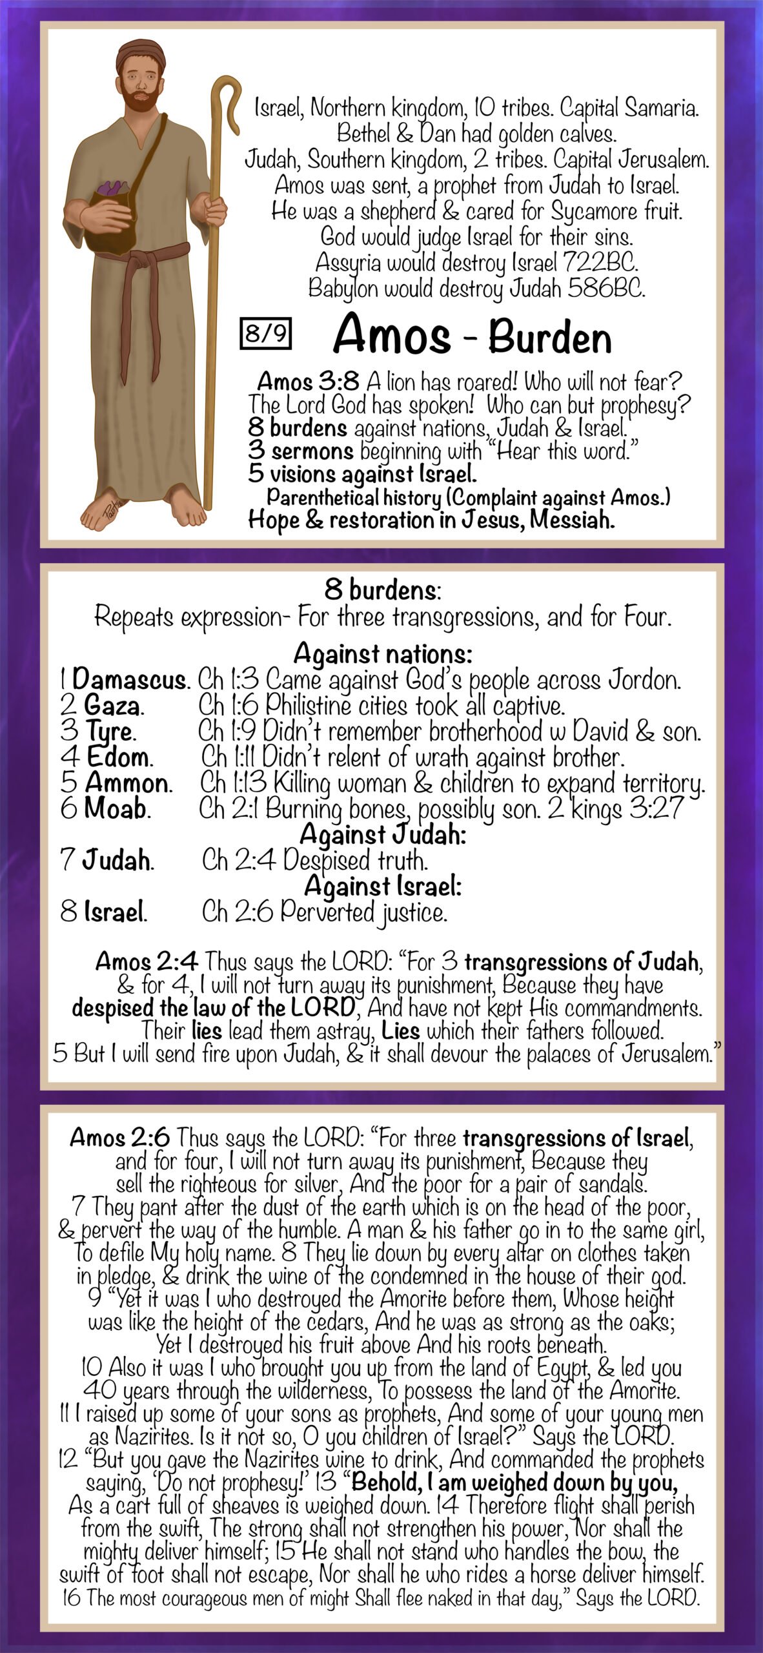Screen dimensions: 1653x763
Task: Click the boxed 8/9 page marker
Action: point(265,333)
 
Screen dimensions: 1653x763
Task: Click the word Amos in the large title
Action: point(391,334)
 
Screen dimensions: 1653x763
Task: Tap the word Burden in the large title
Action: point(549,336)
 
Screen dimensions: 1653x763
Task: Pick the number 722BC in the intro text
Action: point(601,263)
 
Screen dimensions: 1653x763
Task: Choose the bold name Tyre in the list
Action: point(110,732)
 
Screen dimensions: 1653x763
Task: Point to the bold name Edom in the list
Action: point(118,757)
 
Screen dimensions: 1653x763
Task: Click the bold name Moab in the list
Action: point(116,808)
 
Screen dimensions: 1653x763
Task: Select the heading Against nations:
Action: point(383,653)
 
